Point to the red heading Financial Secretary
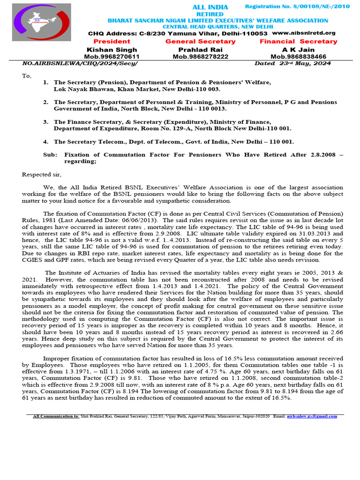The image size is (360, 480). (299, 41)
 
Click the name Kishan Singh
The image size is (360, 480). (112, 50)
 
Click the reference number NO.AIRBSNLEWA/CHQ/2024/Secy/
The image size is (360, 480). (81, 63)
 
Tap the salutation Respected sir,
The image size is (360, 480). (42, 175)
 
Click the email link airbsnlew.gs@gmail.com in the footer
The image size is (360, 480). (310, 416)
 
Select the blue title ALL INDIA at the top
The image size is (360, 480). (210, 7)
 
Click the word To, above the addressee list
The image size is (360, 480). (27, 75)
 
